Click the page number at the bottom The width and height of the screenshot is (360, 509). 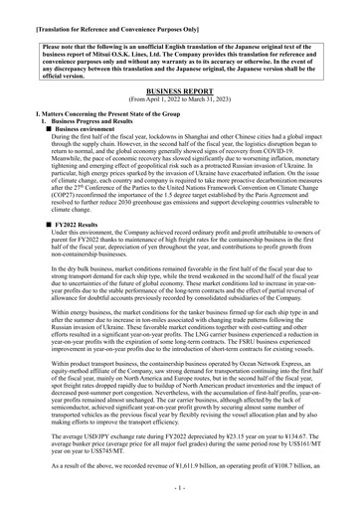pyautogui.click(x=180, y=490)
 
